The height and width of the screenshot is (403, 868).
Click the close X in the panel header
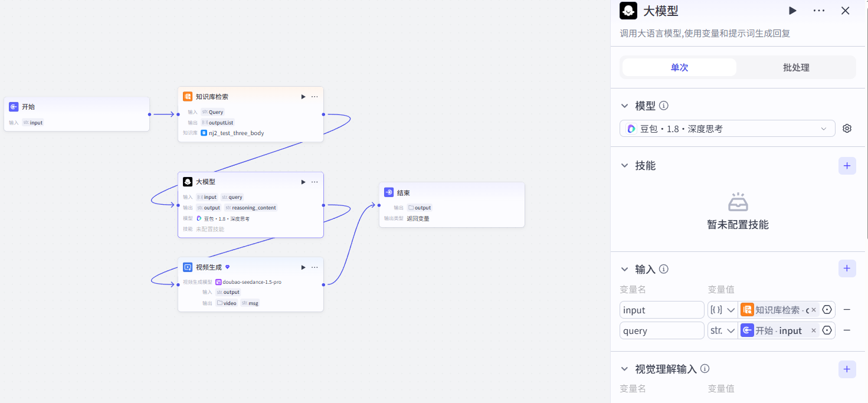pos(845,11)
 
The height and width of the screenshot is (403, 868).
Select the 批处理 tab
pos(796,67)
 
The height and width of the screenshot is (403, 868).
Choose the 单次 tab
pos(679,67)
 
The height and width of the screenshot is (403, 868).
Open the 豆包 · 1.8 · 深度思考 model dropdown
pos(728,129)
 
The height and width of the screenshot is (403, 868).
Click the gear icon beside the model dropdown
pos(847,128)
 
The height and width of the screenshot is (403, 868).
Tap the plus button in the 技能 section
pos(847,166)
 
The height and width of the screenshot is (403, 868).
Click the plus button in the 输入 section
pos(847,268)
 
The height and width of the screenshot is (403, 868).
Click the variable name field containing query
pos(662,330)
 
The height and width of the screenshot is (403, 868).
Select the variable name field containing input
pos(662,310)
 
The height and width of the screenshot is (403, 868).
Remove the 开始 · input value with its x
pos(814,330)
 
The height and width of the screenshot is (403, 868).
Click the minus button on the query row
pos(847,330)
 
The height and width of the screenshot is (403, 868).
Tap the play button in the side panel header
pos(792,11)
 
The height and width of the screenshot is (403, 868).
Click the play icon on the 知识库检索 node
pos(303,97)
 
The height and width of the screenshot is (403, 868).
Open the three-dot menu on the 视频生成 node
pos(315,267)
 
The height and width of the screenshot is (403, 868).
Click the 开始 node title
pos(28,107)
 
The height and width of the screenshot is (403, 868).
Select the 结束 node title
pos(404,192)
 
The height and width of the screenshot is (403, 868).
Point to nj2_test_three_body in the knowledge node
pos(237,133)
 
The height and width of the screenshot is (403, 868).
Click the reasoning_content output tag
pos(254,208)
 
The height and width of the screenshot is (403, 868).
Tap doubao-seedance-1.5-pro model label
pos(252,282)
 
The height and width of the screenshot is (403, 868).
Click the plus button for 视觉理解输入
pos(847,369)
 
